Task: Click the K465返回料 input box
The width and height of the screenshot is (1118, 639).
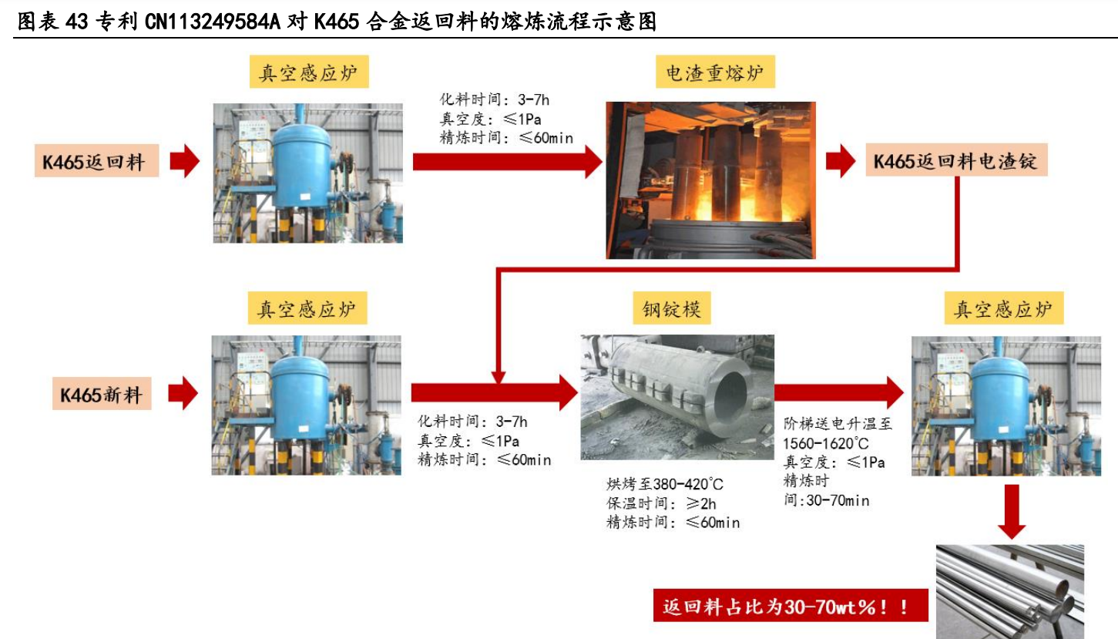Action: tap(96, 161)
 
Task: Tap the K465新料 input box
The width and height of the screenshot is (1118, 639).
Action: tap(102, 393)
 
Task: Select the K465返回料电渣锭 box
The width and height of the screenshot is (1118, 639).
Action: tap(956, 160)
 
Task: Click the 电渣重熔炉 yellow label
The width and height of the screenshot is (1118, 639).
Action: tap(715, 72)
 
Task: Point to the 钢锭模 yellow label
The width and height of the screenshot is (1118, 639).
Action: tap(672, 308)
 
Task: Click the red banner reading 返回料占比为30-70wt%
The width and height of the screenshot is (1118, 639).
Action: tap(791, 606)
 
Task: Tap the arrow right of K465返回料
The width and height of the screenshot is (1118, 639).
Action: tap(185, 161)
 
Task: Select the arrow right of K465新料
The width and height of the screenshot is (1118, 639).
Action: tap(183, 393)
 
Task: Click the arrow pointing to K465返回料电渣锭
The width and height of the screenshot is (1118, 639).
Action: tap(841, 161)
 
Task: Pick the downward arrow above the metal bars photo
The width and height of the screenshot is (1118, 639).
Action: tap(1012, 512)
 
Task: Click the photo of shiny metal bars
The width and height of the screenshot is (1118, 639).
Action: tap(1009, 591)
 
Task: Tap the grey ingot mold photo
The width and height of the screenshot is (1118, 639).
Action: tap(677, 397)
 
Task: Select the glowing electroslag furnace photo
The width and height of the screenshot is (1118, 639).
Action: tap(710, 180)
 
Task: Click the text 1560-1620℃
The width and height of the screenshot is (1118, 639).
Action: tap(826, 443)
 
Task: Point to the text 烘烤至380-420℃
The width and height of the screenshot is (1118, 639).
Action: tap(665, 484)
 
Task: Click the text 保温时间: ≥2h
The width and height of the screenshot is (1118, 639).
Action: tap(661, 503)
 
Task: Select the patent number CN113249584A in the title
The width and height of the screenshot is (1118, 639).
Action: tap(213, 22)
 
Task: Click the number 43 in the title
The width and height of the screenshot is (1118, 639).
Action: tap(77, 22)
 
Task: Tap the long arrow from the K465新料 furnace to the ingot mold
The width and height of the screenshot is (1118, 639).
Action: tap(495, 393)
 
